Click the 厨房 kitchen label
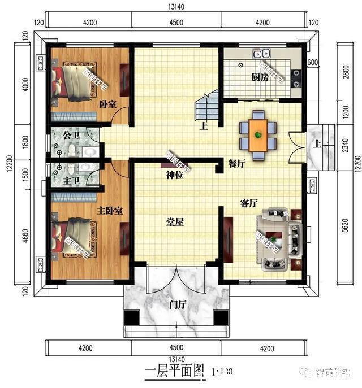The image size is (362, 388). [x=260, y=77]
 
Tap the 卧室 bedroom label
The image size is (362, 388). [x=108, y=104]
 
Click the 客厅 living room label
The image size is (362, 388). [x=249, y=204]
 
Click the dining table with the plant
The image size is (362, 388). [x=258, y=135]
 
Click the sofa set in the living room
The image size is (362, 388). [x=278, y=238]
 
